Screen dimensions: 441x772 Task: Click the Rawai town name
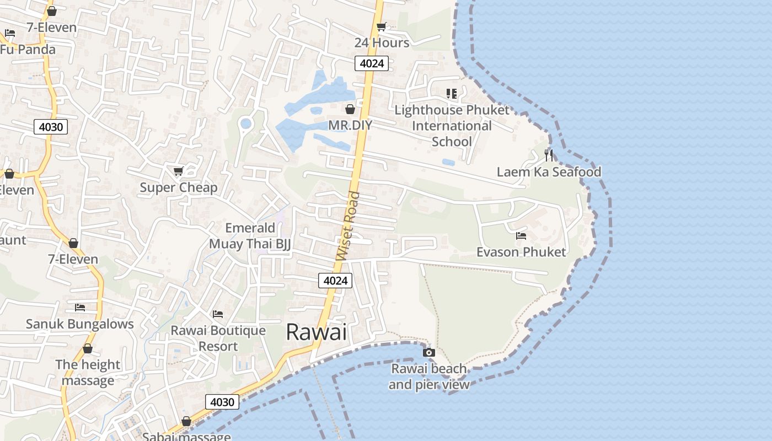[317, 332]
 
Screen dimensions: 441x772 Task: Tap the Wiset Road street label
[348, 226]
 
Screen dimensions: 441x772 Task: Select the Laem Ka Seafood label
[549, 172]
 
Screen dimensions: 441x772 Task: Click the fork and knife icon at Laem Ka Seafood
[548, 155]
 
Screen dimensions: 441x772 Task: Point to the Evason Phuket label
[521, 252]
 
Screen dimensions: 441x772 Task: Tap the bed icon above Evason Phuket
[521, 236]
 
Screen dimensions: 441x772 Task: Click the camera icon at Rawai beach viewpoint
[428, 352]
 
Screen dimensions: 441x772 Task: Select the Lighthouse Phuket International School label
[452, 126]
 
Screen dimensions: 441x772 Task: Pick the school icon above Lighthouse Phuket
[452, 94]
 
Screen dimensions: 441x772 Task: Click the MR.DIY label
[350, 125]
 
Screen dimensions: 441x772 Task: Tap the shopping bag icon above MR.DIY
[350, 109]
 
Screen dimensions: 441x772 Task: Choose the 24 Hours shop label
[382, 42]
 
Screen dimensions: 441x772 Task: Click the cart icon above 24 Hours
[381, 26]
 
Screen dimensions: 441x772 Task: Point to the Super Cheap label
[179, 187]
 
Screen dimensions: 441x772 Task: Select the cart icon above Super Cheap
[178, 171]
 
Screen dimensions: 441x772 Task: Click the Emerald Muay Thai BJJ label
[250, 235]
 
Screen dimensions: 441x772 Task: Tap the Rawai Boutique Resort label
[218, 338]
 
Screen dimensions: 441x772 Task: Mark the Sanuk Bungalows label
[80, 324]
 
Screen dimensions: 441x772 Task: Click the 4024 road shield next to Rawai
[335, 281]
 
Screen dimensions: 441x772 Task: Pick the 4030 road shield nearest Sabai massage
[223, 402]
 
